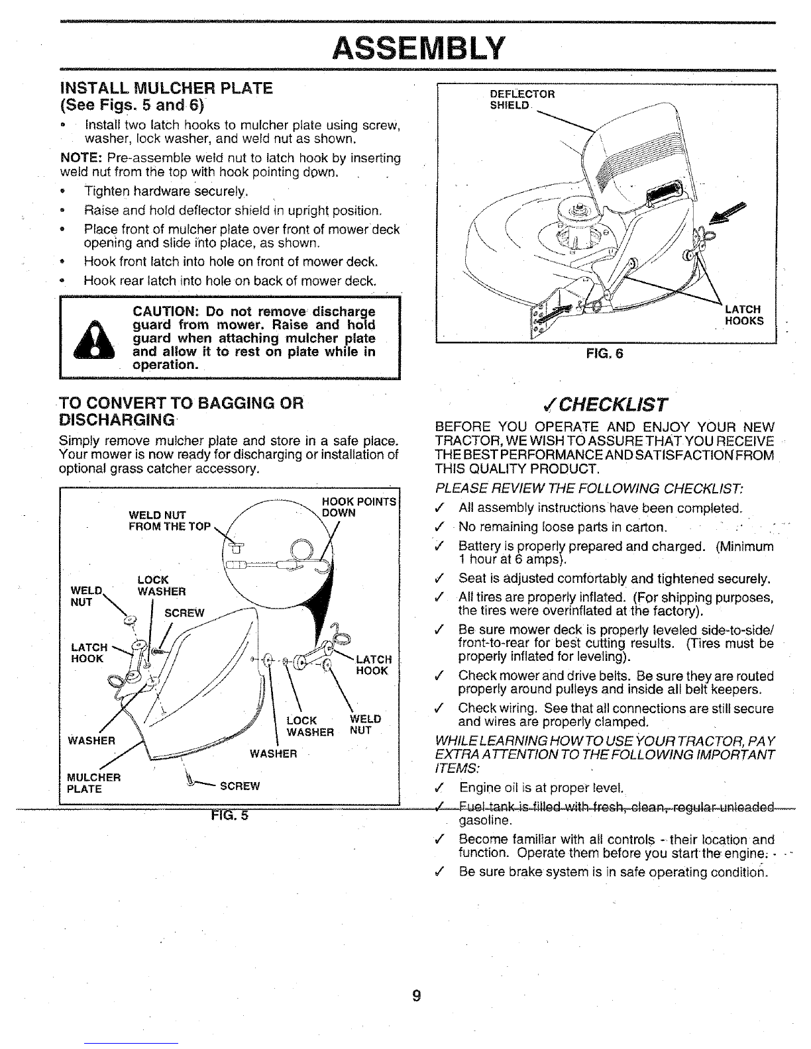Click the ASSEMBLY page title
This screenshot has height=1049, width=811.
coord(418,48)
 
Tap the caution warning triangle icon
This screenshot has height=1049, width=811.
coord(93,340)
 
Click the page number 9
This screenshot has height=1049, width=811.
coord(416,995)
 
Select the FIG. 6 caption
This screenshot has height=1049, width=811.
coord(605,354)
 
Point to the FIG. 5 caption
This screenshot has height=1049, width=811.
coord(229,815)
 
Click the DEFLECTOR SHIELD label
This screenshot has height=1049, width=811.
coord(522,99)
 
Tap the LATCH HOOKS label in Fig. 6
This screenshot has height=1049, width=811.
coord(744,315)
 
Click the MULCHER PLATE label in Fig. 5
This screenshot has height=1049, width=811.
coord(93,783)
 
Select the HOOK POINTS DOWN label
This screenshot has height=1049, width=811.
coord(359,507)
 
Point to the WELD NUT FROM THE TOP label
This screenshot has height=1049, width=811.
coord(170,521)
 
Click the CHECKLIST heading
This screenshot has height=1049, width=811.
coord(605,405)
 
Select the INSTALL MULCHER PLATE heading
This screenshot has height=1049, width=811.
coord(167,88)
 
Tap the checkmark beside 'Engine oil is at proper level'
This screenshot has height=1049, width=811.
coord(439,788)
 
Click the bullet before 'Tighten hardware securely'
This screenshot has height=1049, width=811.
coord(62,191)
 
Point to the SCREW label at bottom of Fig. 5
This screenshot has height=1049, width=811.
coord(240,786)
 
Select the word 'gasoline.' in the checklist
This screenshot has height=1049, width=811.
coord(484,821)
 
